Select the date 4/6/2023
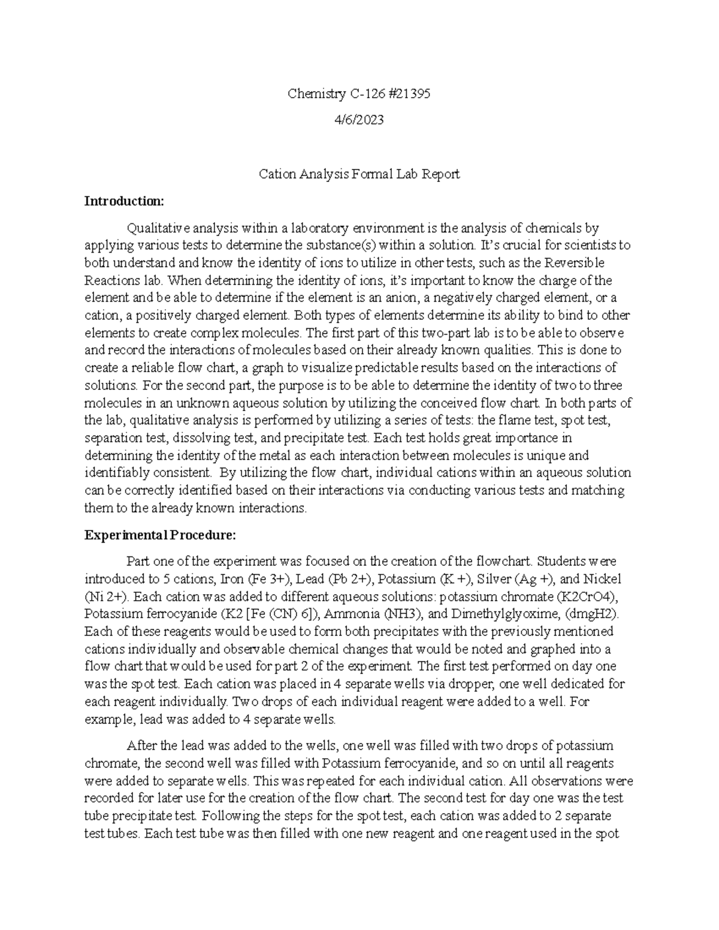point(359,120)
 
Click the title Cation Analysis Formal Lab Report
point(359,174)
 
